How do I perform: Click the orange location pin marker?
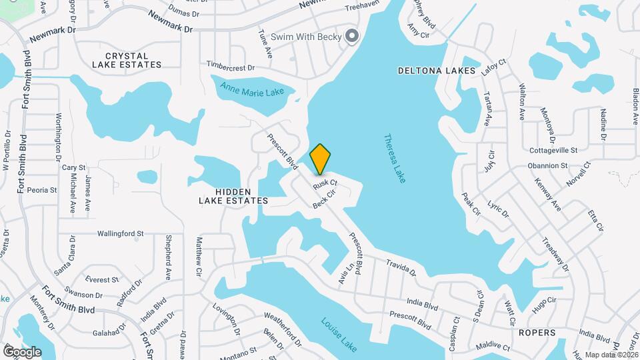click(x=320, y=159)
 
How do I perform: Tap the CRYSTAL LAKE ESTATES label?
click(x=127, y=59)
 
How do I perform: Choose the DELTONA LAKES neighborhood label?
click(x=437, y=71)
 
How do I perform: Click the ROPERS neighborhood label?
click(x=537, y=332)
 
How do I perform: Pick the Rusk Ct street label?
click(x=325, y=182)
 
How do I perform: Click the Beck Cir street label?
click(x=323, y=198)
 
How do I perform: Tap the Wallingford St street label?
click(x=121, y=234)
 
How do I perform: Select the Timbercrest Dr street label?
click(x=231, y=67)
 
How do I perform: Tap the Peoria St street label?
click(x=42, y=190)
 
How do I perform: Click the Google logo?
click(x=22, y=351)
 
